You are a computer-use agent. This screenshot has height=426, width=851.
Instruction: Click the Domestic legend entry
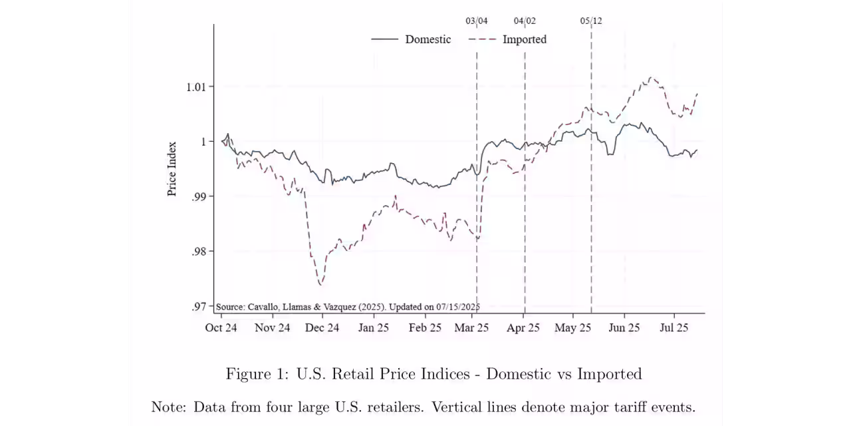point(427,39)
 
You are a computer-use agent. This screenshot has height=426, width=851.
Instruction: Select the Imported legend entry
point(524,39)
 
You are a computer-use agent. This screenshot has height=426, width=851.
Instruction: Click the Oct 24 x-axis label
point(221,327)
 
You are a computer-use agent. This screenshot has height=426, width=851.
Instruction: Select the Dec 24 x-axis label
point(322,327)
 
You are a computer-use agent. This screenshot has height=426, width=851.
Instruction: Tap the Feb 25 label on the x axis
point(425,327)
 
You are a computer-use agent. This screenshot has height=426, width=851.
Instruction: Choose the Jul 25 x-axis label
point(673,327)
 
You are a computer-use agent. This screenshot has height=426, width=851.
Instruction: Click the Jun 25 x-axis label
point(624,327)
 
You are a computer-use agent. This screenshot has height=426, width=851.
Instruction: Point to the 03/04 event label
point(476,21)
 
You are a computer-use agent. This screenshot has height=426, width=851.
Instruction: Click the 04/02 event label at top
point(525,21)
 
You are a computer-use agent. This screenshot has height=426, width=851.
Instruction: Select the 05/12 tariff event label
point(591,21)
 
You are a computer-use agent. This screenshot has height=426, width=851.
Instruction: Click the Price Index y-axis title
point(172,168)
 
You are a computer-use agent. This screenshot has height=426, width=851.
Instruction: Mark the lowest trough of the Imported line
point(320,284)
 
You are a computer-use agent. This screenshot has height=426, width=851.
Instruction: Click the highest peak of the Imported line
point(650,78)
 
